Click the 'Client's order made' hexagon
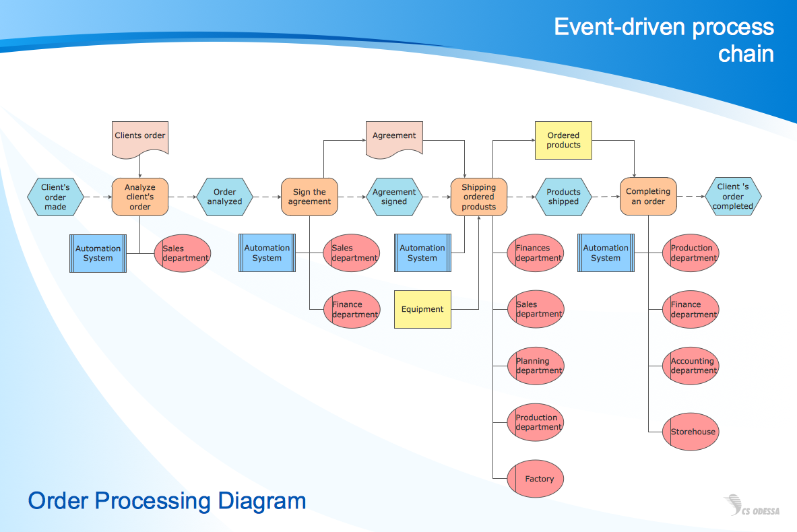(55, 197)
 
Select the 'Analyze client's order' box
(140, 197)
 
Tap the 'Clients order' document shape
(139, 137)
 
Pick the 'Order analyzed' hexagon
(224, 197)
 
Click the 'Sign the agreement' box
(309, 197)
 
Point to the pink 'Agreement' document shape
(394, 137)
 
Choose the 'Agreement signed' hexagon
(394, 197)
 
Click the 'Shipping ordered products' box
(478, 197)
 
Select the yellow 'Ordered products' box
(563, 140)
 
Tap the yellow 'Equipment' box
(422, 309)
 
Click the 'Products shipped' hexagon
(563, 197)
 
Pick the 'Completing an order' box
(647, 197)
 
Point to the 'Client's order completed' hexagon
(733, 197)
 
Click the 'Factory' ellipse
(535, 479)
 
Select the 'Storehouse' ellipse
(691, 432)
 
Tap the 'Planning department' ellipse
(535, 366)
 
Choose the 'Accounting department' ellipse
(691, 366)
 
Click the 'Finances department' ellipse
(535, 253)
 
